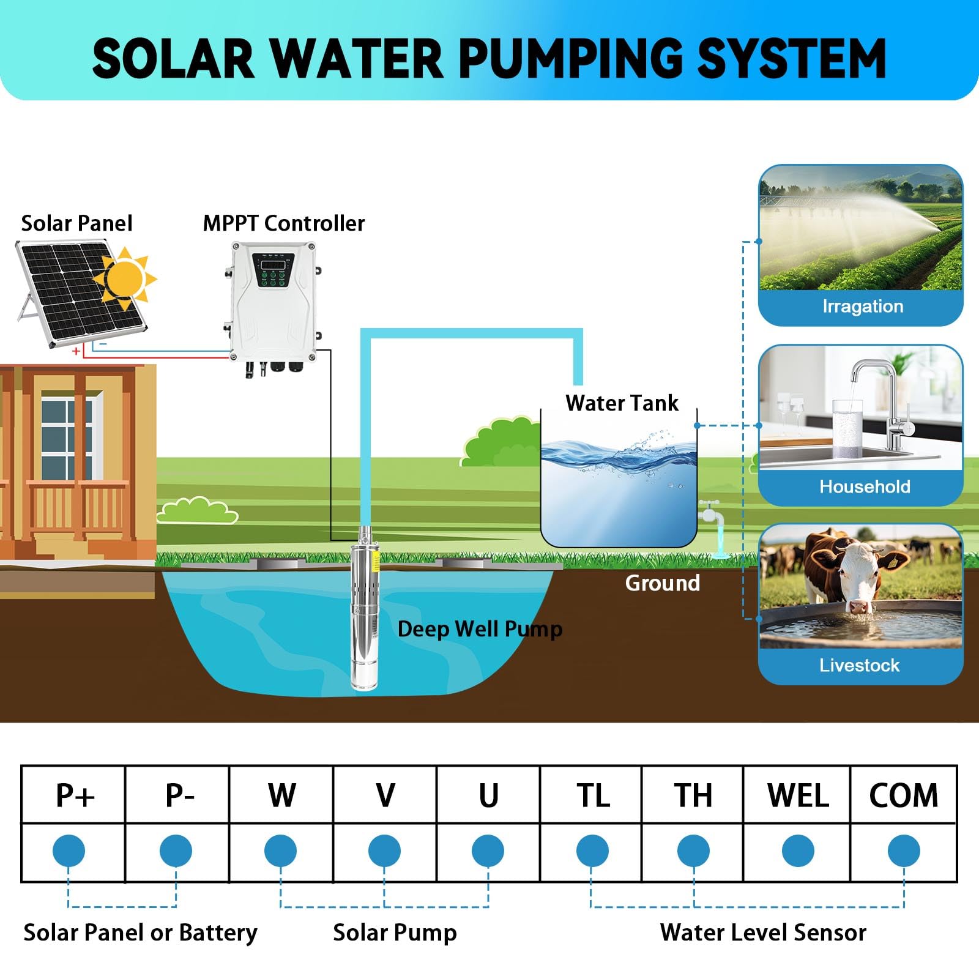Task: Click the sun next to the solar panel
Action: (125, 278)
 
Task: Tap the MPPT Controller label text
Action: (283, 223)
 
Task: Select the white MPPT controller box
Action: (273, 306)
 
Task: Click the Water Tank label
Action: (622, 403)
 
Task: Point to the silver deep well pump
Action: (365, 612)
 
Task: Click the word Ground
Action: (662, 583)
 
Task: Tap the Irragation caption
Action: (862, 306)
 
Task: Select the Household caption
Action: (865, 486)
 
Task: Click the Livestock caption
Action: (859, 665)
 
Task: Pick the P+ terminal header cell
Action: (74, 795)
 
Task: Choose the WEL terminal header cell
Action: (798, 795)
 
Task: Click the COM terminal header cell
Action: (903, 795)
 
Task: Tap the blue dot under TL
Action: (592, 851)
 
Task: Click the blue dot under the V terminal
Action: (384, 851)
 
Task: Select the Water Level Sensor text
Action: (763, 932)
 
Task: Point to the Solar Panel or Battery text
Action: (140, 932)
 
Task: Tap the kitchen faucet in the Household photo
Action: (881, 398)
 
